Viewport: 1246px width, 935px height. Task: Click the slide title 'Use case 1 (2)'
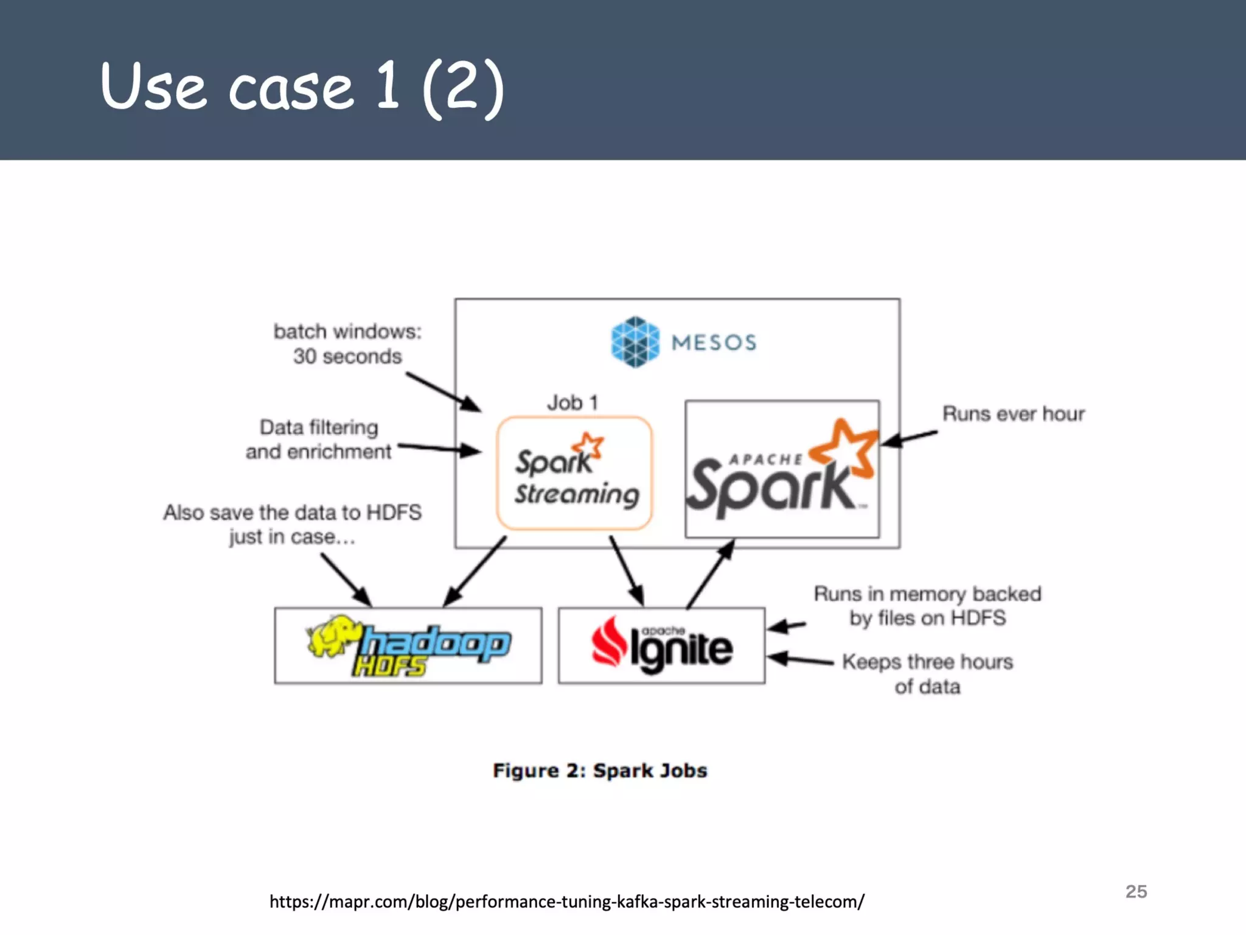coord(302,86)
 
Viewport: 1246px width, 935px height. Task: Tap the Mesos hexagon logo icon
coord(635,341)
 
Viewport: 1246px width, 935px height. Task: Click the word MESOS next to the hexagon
coord(714,342)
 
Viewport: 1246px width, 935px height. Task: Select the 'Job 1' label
coord(573,402)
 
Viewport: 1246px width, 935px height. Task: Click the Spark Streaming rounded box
coord(574,473)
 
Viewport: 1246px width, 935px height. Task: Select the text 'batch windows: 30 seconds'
coord(347,344)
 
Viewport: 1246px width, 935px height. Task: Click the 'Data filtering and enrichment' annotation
coord(318,439)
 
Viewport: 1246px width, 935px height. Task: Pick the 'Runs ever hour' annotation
coord(1013,414)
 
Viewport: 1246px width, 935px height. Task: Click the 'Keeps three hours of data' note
coord(927,674)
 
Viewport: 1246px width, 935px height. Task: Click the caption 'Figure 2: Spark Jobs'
coord(600,771)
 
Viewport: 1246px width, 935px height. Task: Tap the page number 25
coord(1136,891)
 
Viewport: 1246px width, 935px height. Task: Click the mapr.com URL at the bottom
coord(566,902)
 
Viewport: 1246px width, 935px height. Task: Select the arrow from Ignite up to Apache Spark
coord(711,574)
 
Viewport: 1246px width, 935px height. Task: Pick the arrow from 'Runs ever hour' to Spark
coord(910,438)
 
